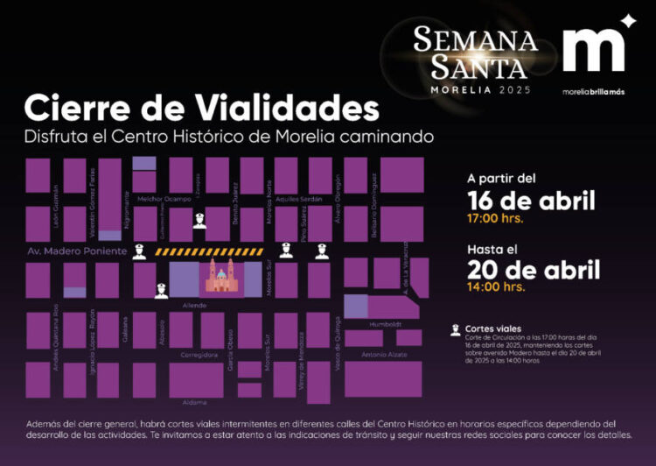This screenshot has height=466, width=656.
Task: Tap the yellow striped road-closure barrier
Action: tap(209, 251)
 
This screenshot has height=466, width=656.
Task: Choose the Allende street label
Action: tap(194, 305)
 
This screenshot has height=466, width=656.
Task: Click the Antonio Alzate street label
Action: tap(383, 355)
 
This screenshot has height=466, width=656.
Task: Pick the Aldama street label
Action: tap(195, 403)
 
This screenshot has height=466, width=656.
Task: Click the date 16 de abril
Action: tap(531, 199)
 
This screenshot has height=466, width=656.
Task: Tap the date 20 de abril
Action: tap(533, 269)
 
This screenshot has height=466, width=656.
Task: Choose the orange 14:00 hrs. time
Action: tap(496, 286)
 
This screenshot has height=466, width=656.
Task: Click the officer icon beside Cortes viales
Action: tap(456, 330)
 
